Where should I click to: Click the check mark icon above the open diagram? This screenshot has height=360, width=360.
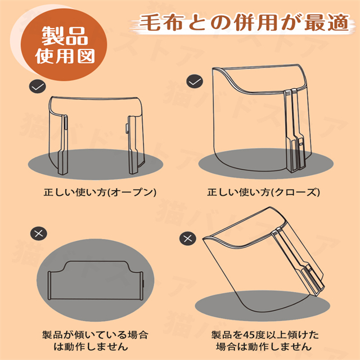(38, 86)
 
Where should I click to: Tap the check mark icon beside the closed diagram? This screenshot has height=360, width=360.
(195, 81)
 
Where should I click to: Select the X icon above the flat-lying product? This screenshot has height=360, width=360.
(39, 234)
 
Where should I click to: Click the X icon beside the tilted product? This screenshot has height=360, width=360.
(188, 238)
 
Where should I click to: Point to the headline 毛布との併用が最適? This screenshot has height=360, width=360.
(244, 22)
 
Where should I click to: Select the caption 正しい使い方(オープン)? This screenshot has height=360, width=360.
(100, 192)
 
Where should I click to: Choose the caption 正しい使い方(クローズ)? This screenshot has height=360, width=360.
(263, 192)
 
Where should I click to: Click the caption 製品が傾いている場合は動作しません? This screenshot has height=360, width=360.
(95, 340)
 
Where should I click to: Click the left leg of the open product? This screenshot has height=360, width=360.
(63, 145)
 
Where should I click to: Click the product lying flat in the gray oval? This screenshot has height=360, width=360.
(95, 280)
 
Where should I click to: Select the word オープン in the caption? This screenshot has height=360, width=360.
(131, 192)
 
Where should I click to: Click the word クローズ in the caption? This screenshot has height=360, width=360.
(295, 192)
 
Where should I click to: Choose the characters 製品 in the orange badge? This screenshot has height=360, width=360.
(65, 36)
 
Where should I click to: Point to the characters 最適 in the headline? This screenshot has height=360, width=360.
(327, 22)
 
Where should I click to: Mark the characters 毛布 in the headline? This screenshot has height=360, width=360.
(161, 22)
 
